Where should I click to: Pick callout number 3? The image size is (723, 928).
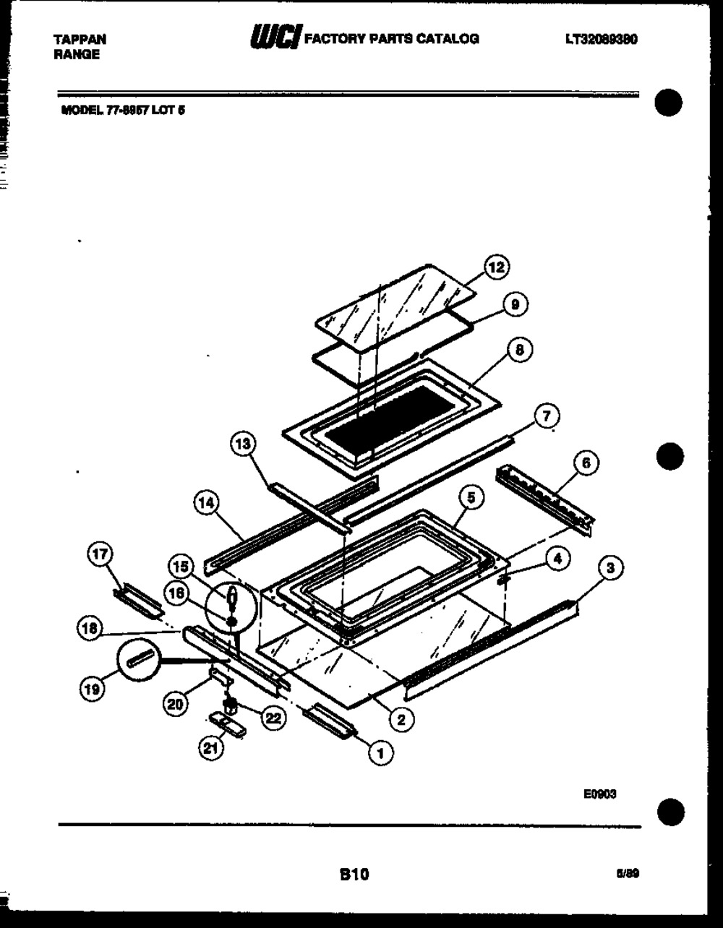pyautogui.click(x=611, y=569)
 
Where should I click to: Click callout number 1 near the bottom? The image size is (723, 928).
pyautogui.click(x=381, y=753)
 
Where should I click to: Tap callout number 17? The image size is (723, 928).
pyautogui.click(x=99, y=555)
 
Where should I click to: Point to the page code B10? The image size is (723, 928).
pyautogui.click(x=354, y=875)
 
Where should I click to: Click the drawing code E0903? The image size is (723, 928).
pyautogui.click(x=600, y=794)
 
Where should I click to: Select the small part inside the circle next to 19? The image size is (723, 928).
pyautogui.click(x=139, y=658)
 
